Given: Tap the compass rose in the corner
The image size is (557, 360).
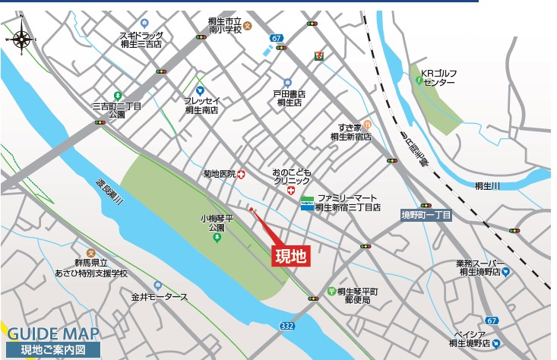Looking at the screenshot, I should point(23,37).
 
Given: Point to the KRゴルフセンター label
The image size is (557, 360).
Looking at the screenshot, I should point(440,77).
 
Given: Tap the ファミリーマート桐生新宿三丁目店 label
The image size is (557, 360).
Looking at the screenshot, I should point(347,202).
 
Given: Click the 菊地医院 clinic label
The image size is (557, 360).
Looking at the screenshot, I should point(220,174).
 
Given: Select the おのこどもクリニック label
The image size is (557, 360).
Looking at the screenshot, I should point(292,177).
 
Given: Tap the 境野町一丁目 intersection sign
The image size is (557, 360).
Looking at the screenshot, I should point(426,216).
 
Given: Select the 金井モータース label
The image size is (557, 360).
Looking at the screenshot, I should point(159,296).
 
